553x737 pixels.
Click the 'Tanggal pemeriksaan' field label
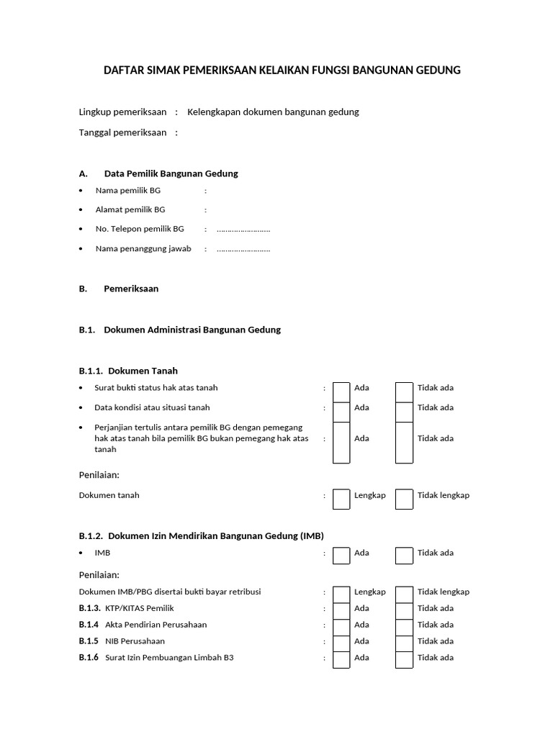pos(122,132)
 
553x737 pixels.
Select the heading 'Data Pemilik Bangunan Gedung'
pos(171,173)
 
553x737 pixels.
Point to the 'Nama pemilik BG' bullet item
pos(128,191)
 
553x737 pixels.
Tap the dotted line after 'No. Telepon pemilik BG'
pos(243,230)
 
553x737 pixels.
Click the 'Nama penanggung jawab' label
pos(143,249)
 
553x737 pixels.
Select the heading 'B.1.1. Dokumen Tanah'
pos(128,371)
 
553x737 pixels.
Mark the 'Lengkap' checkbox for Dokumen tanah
pos(341,498)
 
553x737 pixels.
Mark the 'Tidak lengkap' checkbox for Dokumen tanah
pos(404,498)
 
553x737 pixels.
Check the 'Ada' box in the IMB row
pos(341,555)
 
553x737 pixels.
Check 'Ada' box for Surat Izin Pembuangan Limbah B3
pos(341,659)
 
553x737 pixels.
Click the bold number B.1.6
pos(89,657)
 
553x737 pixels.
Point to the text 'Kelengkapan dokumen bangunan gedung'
pos(273,112)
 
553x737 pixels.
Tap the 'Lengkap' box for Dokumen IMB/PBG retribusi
pos(341,593)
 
